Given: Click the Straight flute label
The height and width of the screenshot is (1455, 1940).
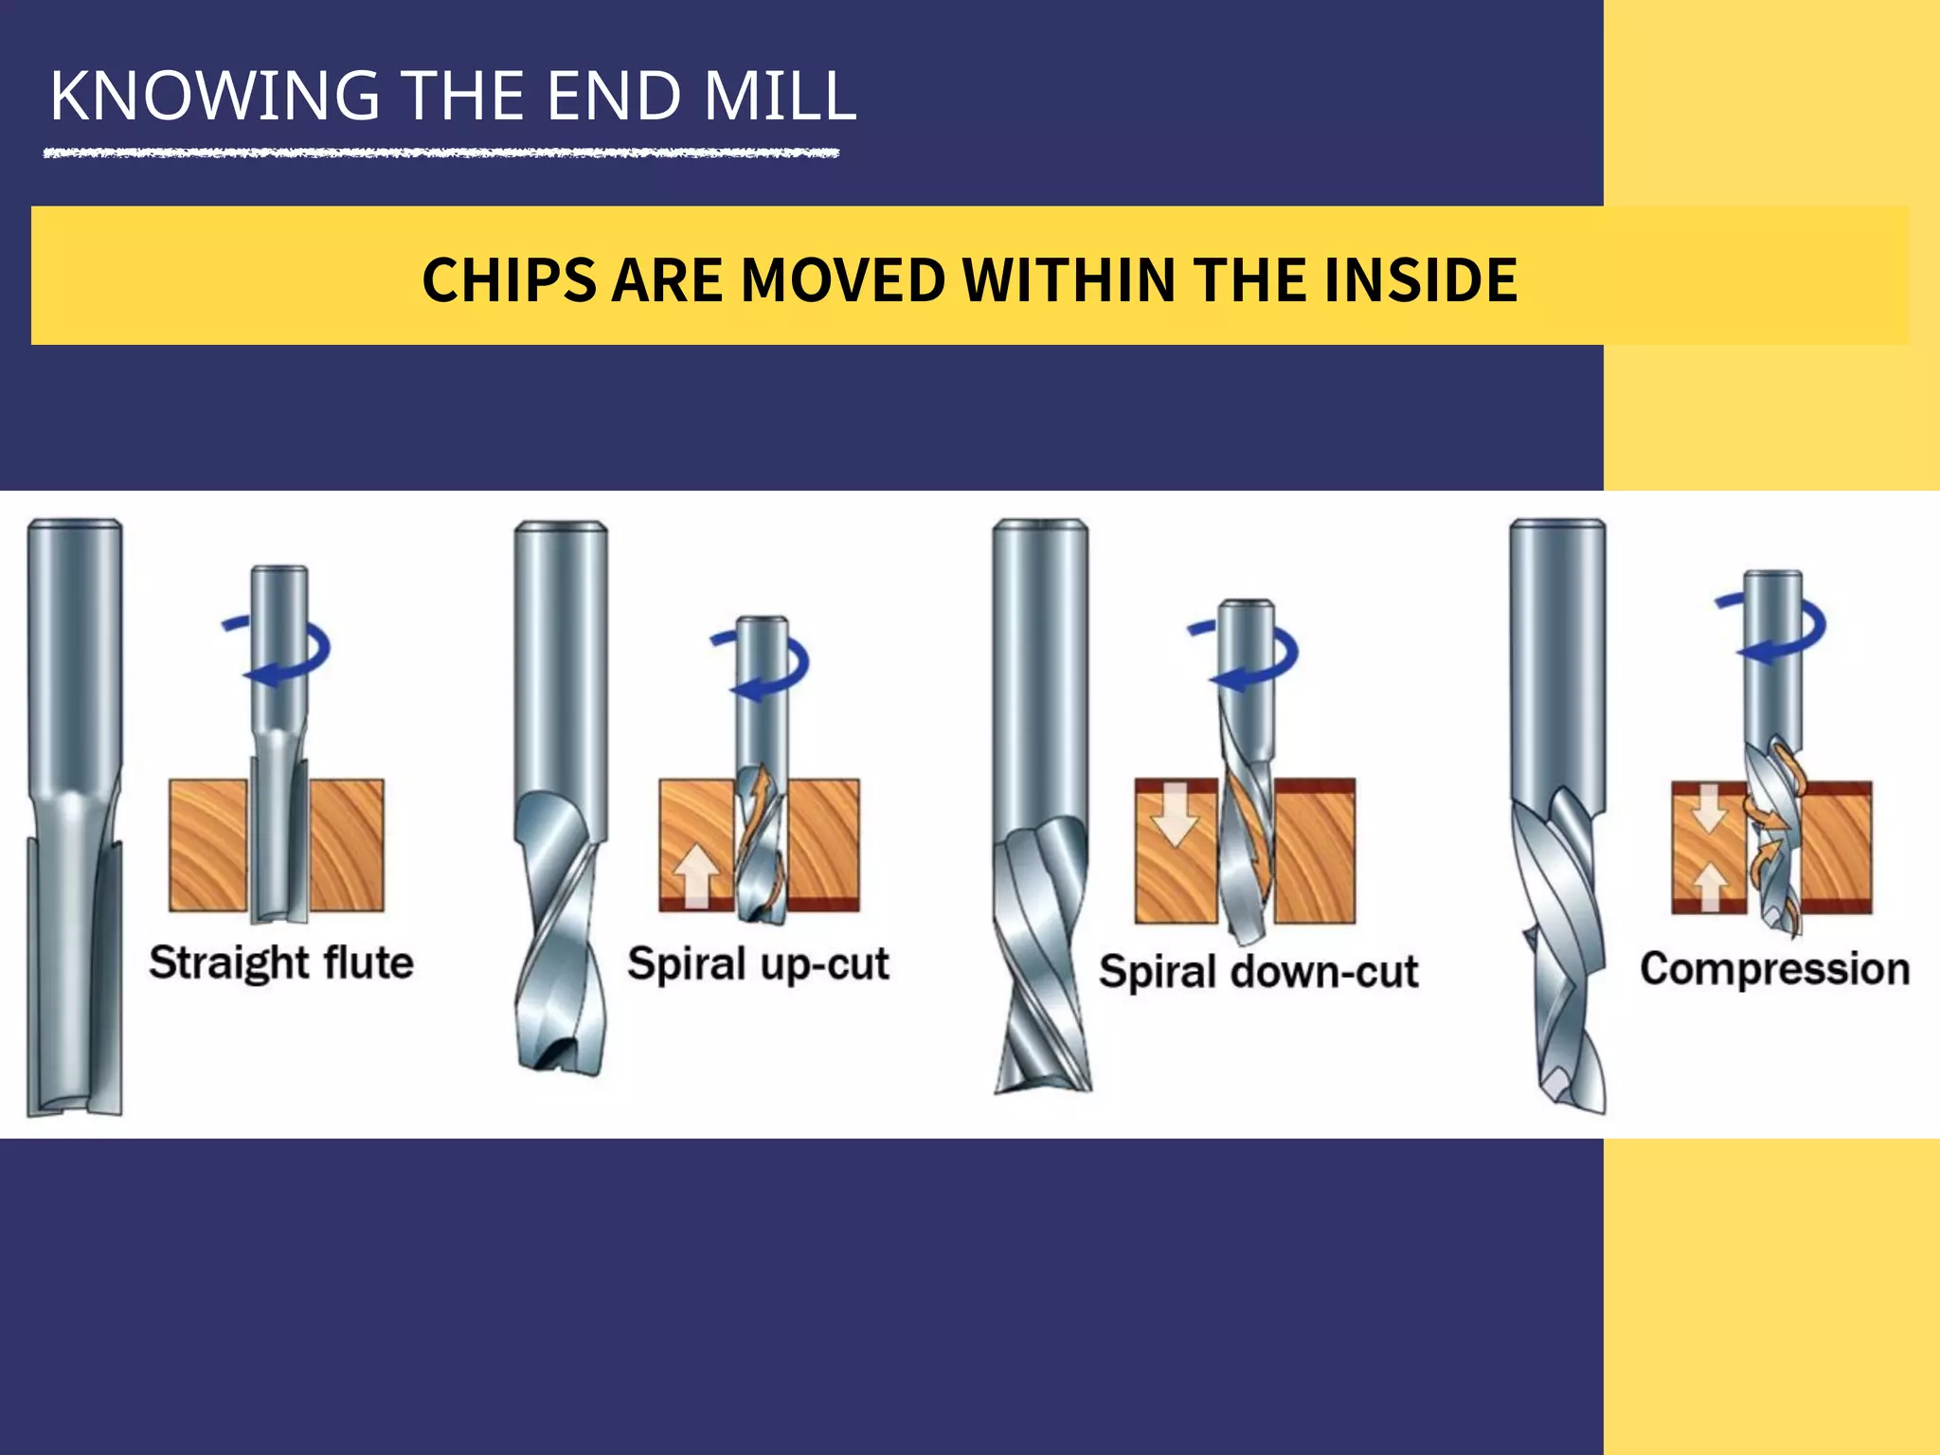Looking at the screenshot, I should (281, 963).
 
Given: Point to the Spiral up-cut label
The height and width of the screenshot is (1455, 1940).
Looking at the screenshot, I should (758, 964).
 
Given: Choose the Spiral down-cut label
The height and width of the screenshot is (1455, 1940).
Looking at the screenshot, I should (1258, 972).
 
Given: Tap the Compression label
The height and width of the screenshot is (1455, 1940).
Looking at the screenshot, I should (1774, 969).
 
